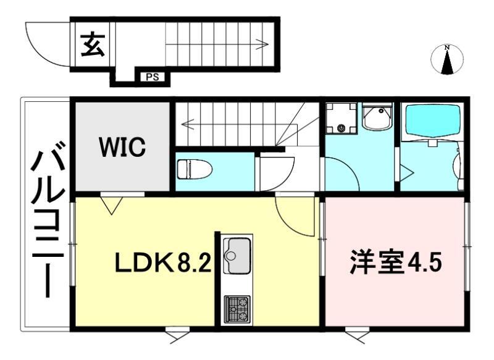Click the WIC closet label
123,147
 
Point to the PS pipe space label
151,78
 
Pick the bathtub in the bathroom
431,121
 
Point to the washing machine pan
341,118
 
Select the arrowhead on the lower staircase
186,123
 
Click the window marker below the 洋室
356,337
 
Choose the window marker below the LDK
177,337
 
